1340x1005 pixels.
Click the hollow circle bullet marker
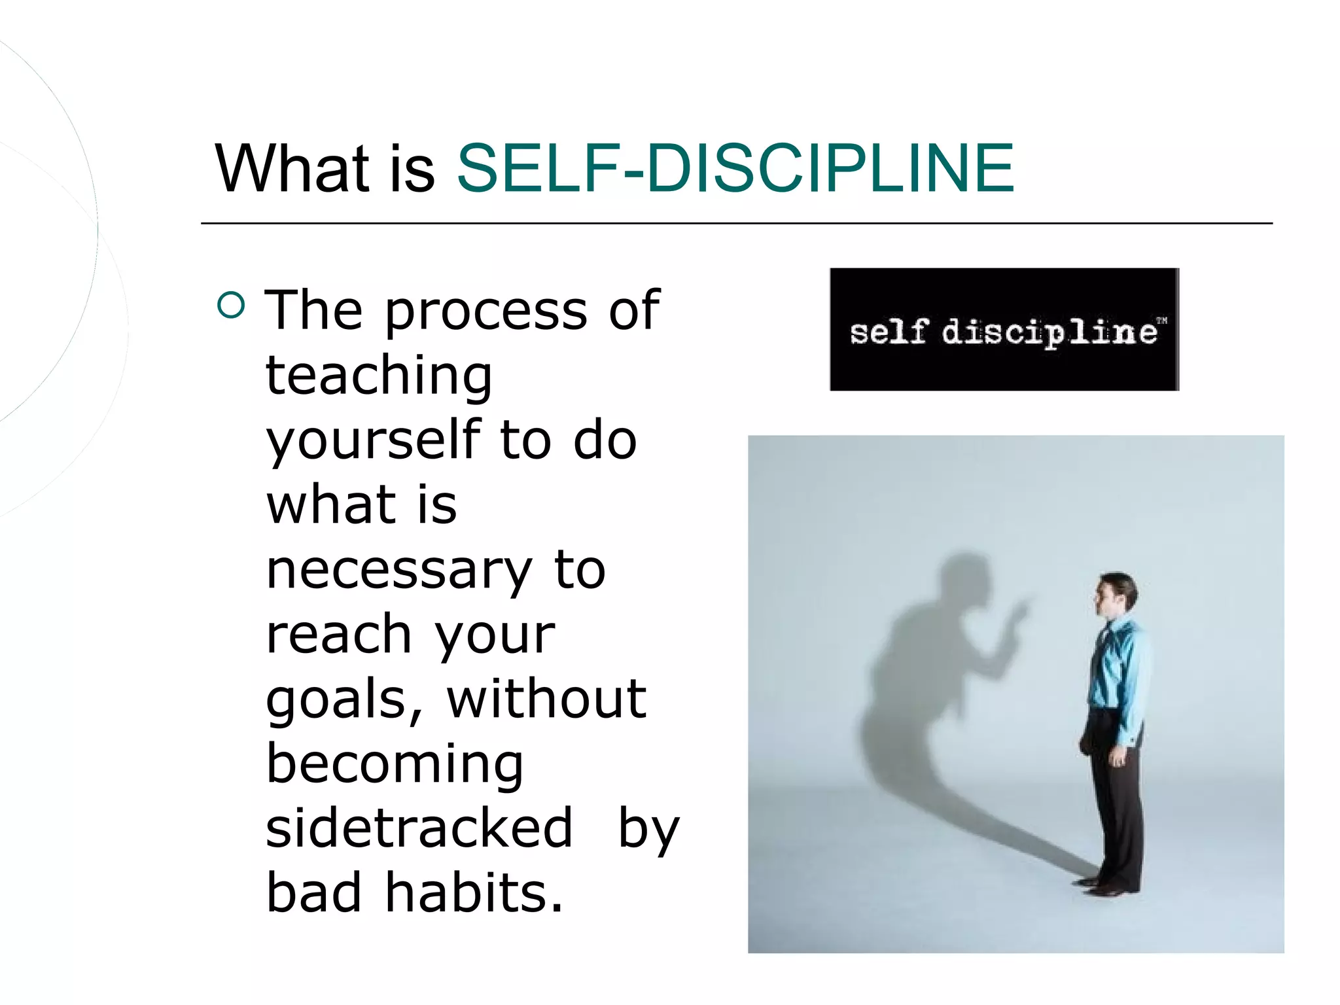pyautogui.click(x=231, y=305)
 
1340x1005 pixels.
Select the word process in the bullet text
pyautogui.click(x=485, y=311)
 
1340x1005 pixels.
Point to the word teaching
pyautogui.click(x=379, y=376)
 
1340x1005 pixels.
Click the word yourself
pyautogui.click(x=373, y=440)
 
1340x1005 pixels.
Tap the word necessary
pyautogui.click(x=398, y=569)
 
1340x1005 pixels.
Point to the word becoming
pyautogui.click(x=395, y=763)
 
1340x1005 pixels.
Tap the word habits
pyautogui.click(x=474, y=892)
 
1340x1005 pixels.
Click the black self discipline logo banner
pyautogui.click(x=1004, y=329)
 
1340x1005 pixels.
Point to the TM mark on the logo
pyautogui.click(x=1161, y=321)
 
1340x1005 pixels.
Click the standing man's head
pyautogui.click(x=1116, y=592)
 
